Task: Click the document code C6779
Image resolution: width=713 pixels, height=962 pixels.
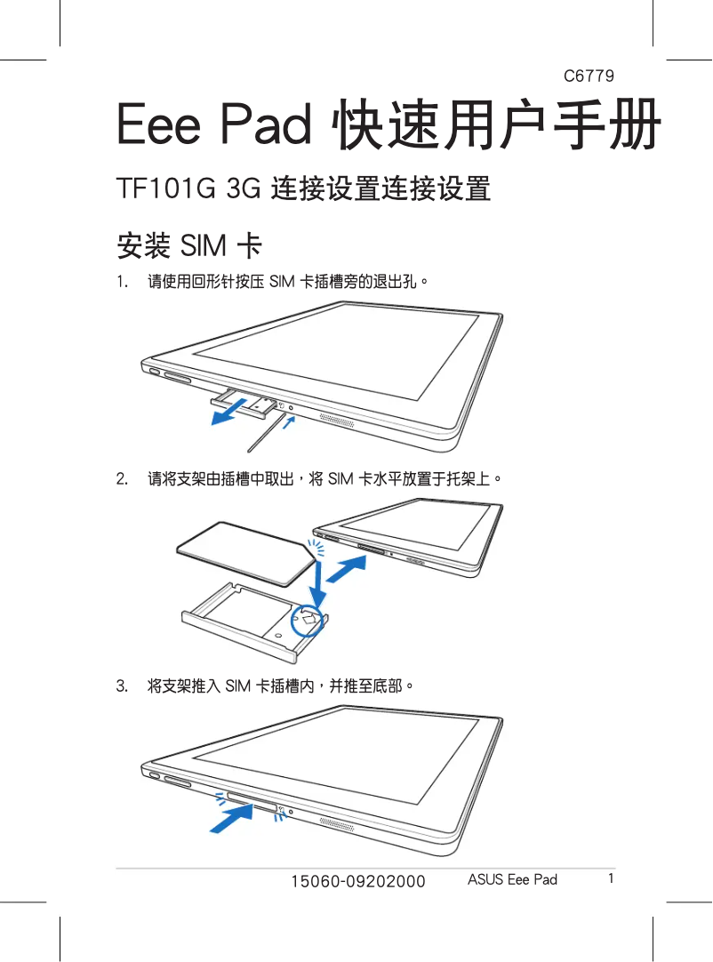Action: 589,76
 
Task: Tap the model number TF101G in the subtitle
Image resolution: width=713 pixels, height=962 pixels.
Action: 165,188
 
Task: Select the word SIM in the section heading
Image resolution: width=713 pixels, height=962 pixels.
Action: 204,246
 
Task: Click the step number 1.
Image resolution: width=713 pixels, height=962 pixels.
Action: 122,282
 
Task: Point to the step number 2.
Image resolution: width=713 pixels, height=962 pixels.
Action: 122,478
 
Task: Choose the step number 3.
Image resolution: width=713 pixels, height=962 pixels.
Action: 122,685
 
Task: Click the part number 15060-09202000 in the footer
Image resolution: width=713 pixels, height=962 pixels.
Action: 357,881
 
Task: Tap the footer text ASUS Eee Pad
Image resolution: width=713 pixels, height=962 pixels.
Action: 512,880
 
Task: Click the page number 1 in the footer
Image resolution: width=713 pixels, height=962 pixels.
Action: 611,878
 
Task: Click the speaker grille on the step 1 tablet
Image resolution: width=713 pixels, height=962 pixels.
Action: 336,421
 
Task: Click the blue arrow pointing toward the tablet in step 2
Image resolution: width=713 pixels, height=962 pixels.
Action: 347,569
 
